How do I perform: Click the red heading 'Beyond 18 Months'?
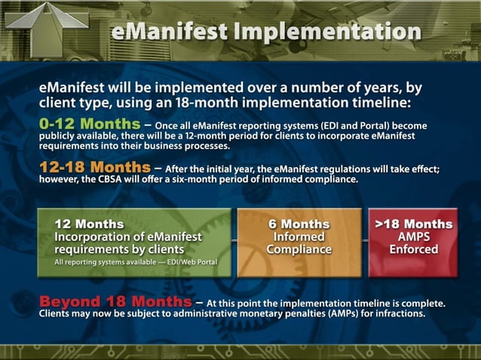point(115,302)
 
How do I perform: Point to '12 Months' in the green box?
point(89,224)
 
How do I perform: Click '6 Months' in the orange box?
point(299,224)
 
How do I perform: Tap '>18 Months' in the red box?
point(413,224)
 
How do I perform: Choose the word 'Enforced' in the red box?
point(413,249)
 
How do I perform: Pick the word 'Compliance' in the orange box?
point(299,249)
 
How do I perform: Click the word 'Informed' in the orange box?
point(299,236)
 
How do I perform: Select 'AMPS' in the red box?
point(413,236)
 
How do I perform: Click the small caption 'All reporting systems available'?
point(106,262)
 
